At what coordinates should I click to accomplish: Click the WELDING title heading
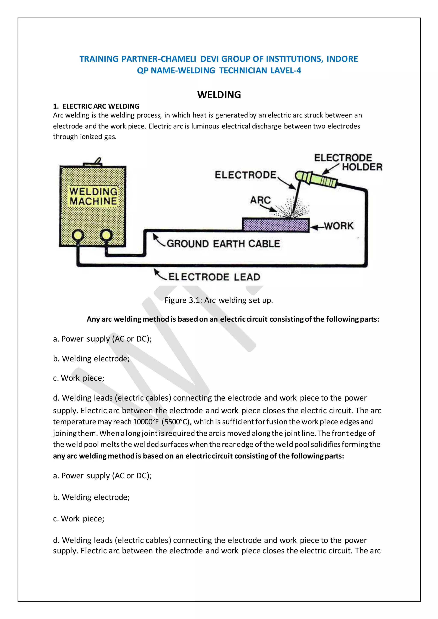click(219, 95)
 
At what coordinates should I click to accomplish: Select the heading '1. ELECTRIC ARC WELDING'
click(96, 106)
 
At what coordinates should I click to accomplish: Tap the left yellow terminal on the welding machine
click(78, 235)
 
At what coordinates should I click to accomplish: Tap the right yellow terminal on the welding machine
click(106, 235)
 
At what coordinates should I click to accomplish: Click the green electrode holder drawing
click(315, 179)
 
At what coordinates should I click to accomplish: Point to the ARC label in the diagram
click(260, 200)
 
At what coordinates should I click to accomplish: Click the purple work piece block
click(275, 225)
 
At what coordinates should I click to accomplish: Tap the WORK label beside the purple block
click(339, 226)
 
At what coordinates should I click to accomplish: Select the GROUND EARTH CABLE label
click(223, 243)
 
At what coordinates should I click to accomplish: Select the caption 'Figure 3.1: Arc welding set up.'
click(219, 300)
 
